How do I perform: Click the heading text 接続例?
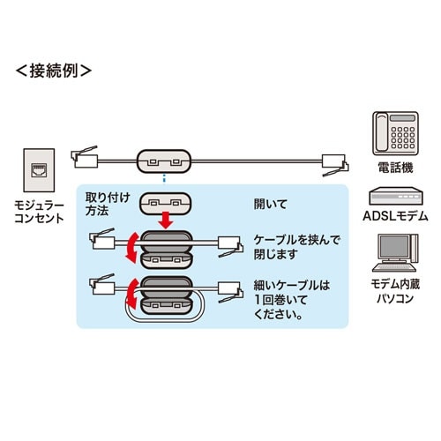54,68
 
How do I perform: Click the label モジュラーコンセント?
41,213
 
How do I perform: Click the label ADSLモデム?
395,217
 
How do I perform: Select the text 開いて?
273,202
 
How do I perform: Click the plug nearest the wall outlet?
86,157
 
